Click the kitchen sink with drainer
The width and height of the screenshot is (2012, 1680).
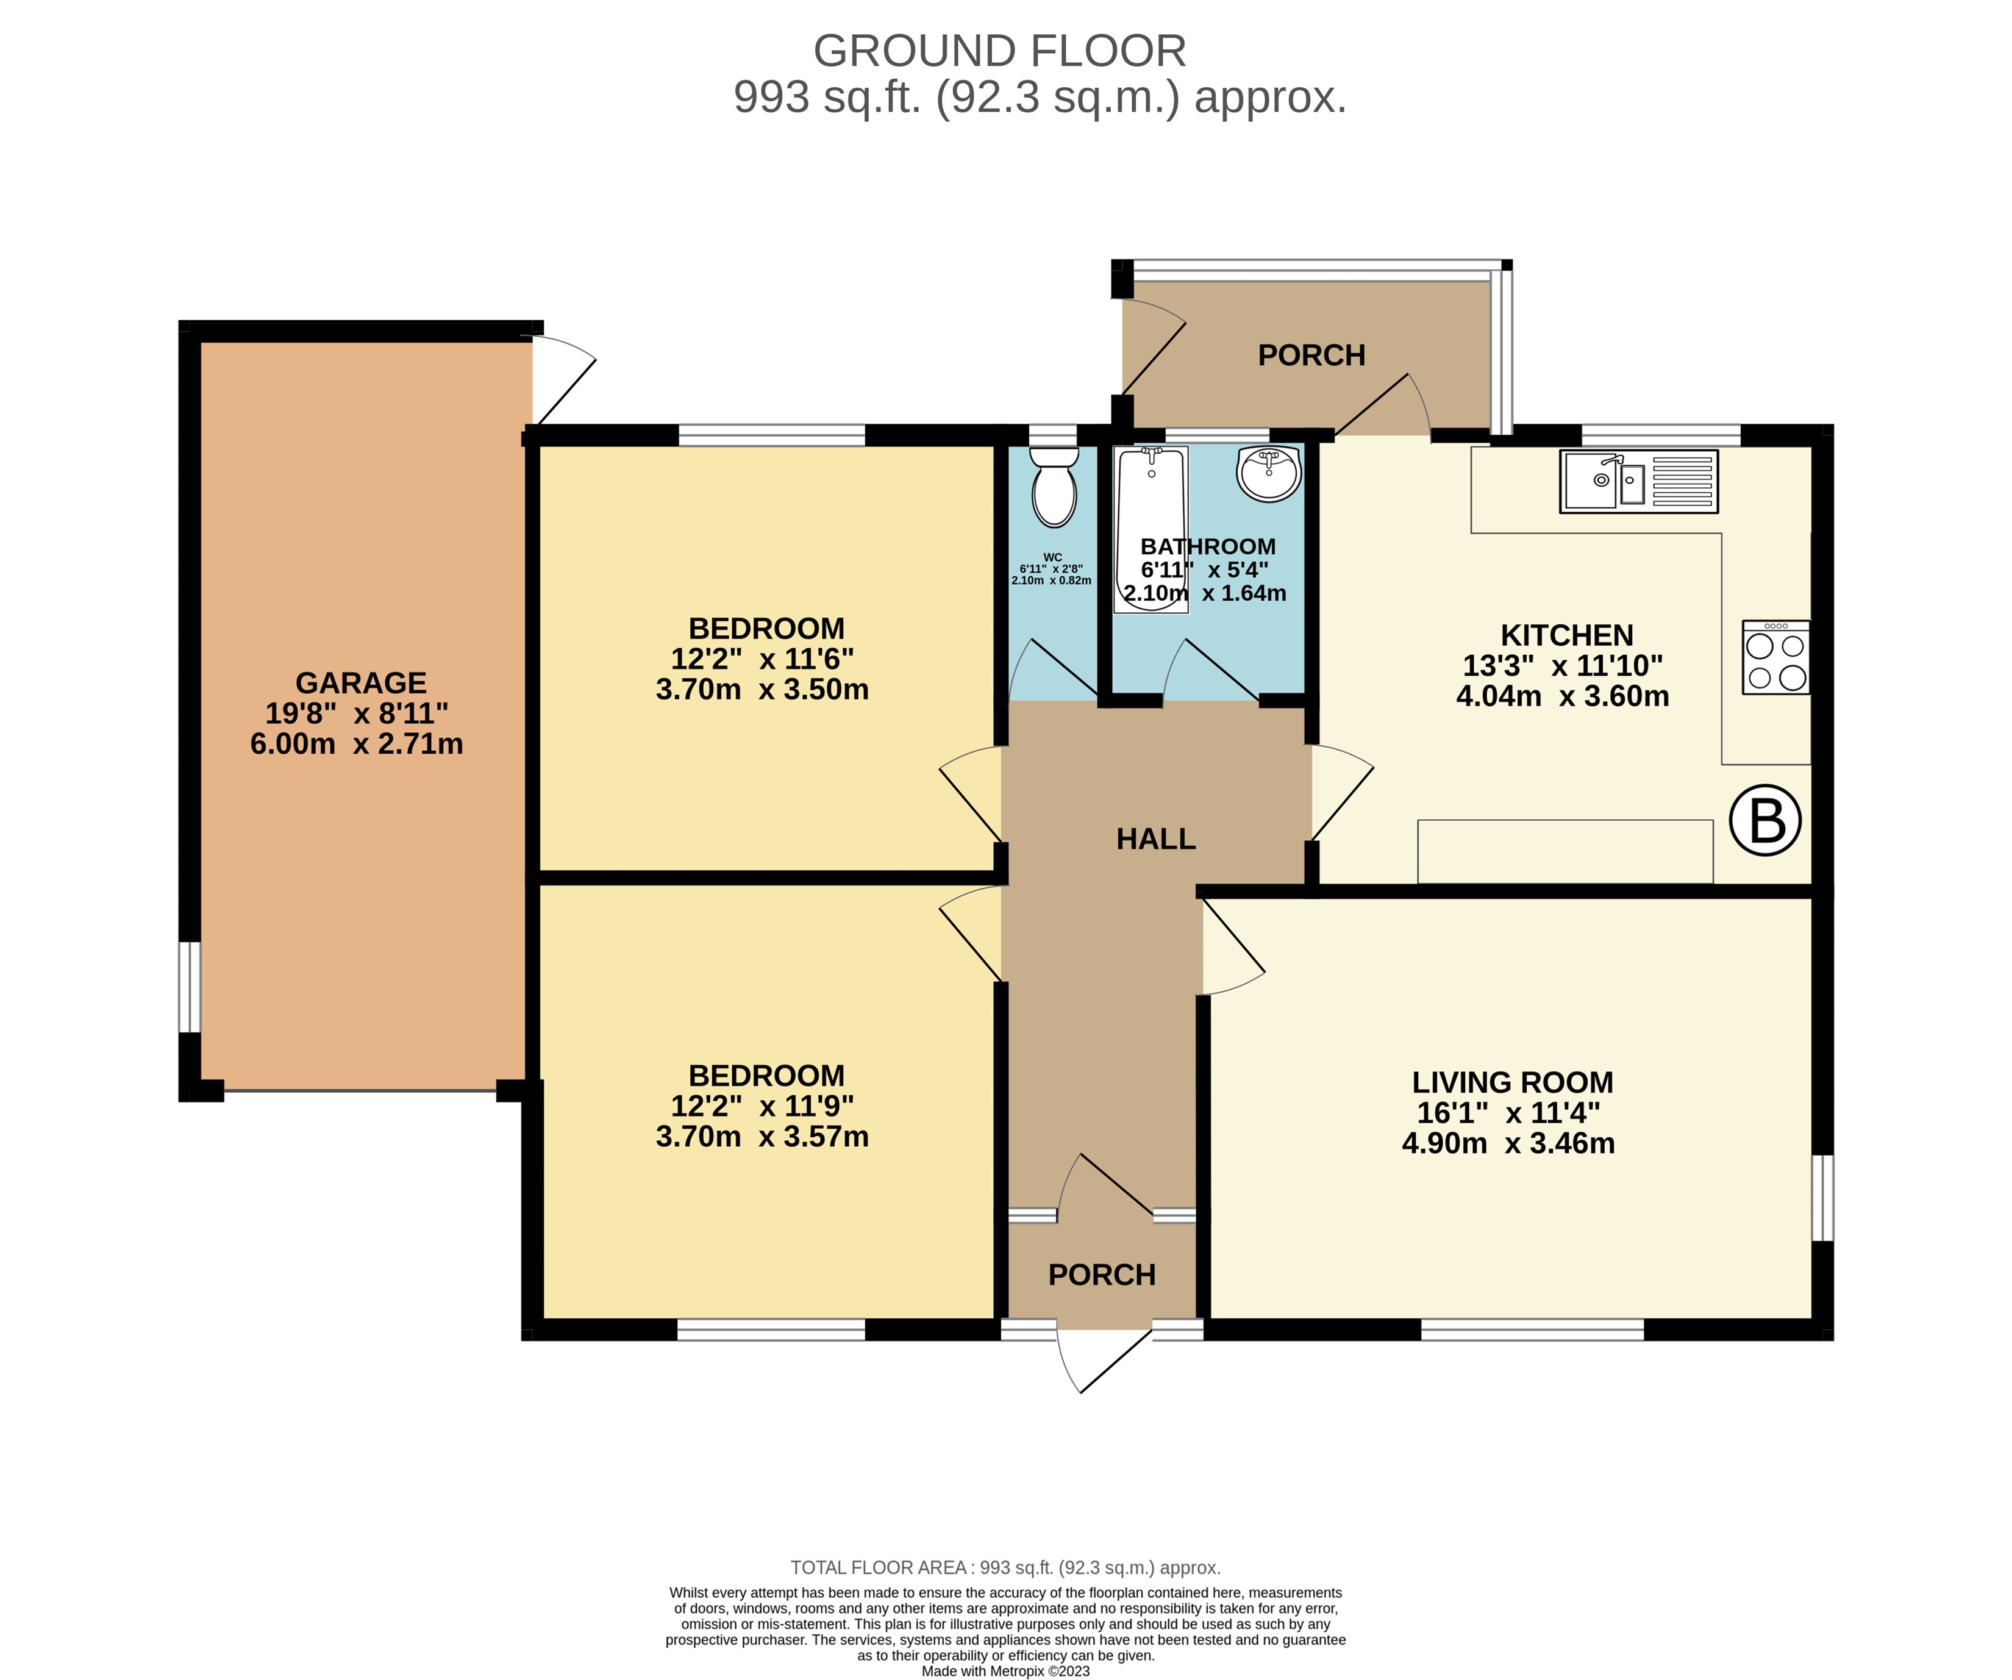coord(1638,481)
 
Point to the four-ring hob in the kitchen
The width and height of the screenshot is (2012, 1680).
coord(1775,657)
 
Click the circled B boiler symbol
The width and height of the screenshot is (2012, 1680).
coord(1765,820)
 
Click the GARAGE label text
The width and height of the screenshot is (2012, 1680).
coord(360,682)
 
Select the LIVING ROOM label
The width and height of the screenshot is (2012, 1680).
coord(1512,1082)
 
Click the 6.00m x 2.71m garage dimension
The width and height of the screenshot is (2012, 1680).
coord(357,744)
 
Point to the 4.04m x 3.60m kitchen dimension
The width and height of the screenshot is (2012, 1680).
coord(1561,696)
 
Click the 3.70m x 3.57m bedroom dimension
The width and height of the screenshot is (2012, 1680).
coord(762,1137)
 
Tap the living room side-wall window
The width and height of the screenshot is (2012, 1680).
coord(1822,1198)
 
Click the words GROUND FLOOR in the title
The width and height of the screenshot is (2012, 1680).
coord(999,51)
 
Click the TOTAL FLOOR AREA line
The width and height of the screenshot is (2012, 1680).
coord(1005,1568)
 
